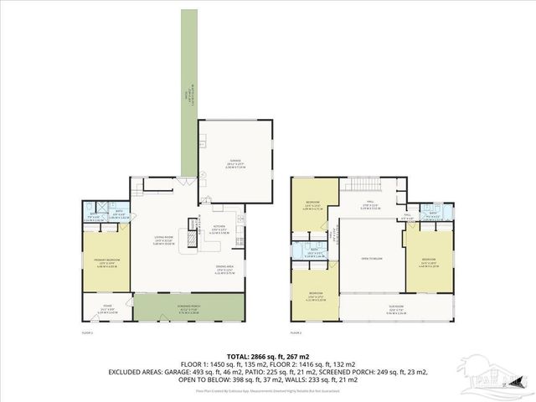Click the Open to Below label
pyautogui.click(x=372, y=259)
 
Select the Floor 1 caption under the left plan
pyautogui.click(x=86, y=332)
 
